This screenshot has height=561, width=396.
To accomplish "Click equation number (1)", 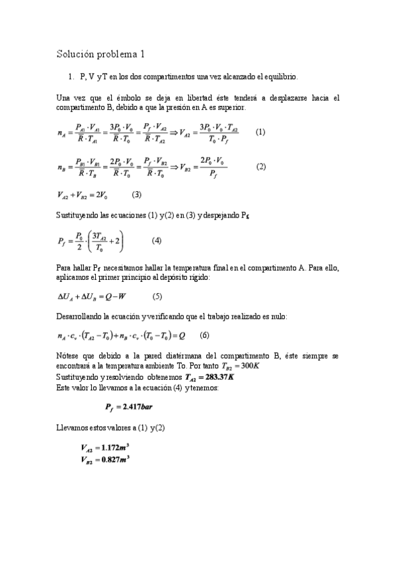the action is click(260, 132).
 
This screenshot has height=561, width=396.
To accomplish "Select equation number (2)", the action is click(260, 167).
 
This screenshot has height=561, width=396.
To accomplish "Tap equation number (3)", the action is click(137, 194).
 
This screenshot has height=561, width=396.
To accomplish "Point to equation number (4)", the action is click(157, 239).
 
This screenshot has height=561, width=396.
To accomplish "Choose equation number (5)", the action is click(157, 296).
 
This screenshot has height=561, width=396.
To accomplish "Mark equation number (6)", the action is click(204, 335).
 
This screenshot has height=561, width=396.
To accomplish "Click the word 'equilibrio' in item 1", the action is click(282, 77).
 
